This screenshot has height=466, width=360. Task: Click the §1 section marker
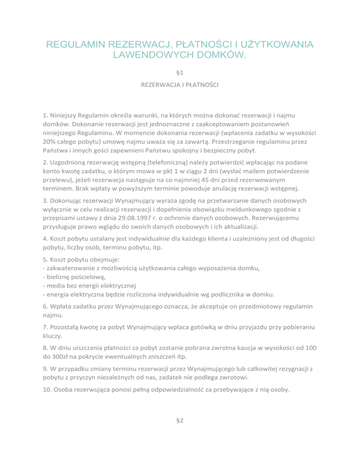click(180, 73)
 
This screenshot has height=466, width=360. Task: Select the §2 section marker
click(180, 421)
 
